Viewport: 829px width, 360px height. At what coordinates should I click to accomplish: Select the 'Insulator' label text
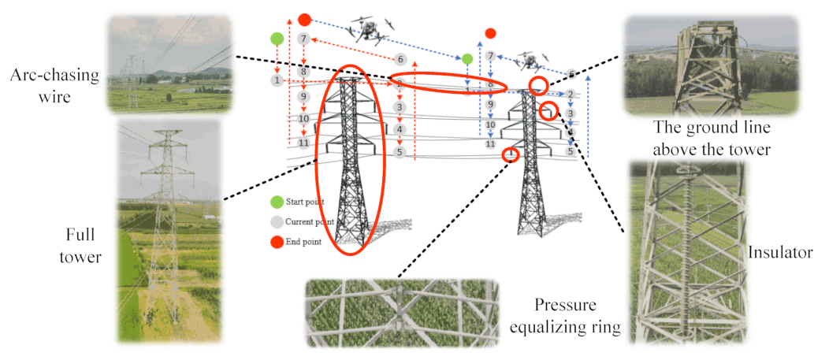[779, 252]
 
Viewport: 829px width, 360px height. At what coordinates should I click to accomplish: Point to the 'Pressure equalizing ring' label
[564, 315]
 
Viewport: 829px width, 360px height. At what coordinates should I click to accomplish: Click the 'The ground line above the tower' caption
[710, 139]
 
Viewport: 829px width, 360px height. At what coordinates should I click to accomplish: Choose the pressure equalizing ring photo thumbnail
[401, 313]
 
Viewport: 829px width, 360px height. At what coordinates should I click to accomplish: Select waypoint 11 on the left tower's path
[303, 143]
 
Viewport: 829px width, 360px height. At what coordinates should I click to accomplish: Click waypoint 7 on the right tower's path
[490, 56]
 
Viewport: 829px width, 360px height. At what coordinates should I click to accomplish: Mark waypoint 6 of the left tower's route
[400, 59]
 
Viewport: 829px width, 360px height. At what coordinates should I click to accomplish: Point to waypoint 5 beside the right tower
[570, 151]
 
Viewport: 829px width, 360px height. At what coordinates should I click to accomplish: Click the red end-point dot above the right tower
[490, 33]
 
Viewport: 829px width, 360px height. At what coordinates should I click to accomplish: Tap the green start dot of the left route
[277, 38]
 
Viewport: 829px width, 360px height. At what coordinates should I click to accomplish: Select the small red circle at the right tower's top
[538, 84]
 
